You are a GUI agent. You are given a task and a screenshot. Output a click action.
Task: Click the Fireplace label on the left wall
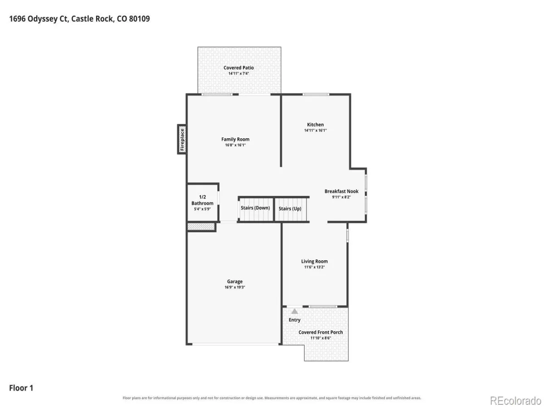[182, 140]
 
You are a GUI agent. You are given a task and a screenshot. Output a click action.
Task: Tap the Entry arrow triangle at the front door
[294, 311]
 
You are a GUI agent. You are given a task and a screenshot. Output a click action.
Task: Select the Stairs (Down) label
[255, 208]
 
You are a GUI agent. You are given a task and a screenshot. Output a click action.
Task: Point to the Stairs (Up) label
[290, 209]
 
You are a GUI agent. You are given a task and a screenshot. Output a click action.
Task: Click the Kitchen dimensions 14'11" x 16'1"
[315, 130]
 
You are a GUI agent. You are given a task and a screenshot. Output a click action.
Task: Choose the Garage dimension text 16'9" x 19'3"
[235, 287]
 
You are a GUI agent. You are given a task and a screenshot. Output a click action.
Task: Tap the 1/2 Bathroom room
[203, 203]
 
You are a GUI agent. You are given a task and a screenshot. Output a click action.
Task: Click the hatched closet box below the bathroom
[201, 226]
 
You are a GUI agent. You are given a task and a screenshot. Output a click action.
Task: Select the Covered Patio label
[238, 68]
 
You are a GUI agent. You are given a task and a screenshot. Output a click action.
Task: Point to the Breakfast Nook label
[341, 191]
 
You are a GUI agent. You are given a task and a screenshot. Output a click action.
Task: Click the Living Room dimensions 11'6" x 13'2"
[314, 267]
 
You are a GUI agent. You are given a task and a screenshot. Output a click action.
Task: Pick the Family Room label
[235, 139]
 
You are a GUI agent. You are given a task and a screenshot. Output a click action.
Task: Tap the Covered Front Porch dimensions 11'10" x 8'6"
[321, 338]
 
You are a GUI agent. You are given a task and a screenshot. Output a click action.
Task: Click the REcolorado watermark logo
[515, 401]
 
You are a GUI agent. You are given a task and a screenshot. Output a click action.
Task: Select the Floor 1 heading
[21, 388]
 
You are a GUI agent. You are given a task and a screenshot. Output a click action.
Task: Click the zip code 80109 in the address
[139, 19]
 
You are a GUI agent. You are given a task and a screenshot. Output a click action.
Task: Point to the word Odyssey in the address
[42, 19]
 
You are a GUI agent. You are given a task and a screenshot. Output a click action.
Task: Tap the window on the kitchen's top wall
[316, 94]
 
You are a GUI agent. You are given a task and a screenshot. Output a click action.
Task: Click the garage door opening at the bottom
[235, 344]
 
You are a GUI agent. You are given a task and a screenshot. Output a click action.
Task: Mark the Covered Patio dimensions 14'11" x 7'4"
[238, 73]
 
